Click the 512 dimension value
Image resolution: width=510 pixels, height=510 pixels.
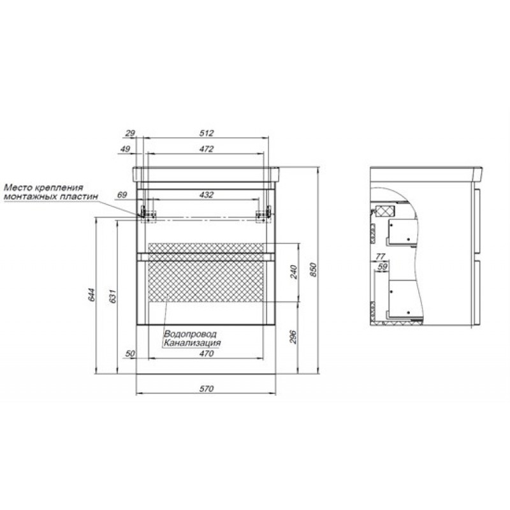[207, 133]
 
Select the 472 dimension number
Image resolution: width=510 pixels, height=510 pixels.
[207, 149]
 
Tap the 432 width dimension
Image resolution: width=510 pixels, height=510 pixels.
[207, 195]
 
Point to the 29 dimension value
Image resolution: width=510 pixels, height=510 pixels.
[130, 133]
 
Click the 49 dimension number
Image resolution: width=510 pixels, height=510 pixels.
[125, 149]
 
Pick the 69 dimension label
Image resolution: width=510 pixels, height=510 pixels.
[122, 195]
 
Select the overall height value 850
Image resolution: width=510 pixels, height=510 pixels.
[313, 270]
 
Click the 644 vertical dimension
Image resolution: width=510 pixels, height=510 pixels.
[92, 295]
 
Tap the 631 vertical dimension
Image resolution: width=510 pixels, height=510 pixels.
[113, 296]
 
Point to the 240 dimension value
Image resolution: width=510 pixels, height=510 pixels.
[293, 272]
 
